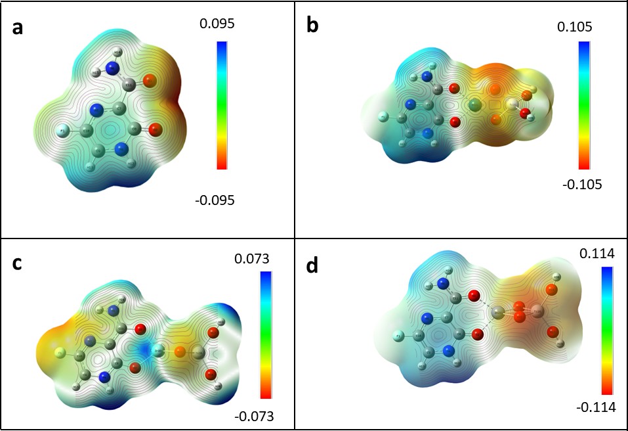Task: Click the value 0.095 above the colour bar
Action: coord(217,24)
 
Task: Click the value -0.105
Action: coord(581,184)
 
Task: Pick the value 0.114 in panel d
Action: coord(594,253)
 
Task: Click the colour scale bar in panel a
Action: coord(222,106)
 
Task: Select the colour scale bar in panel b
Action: coord(584,105)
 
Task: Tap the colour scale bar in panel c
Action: coord(266,335)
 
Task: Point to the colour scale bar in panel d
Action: coord(607,330)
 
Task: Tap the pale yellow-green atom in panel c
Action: coord(60,353)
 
